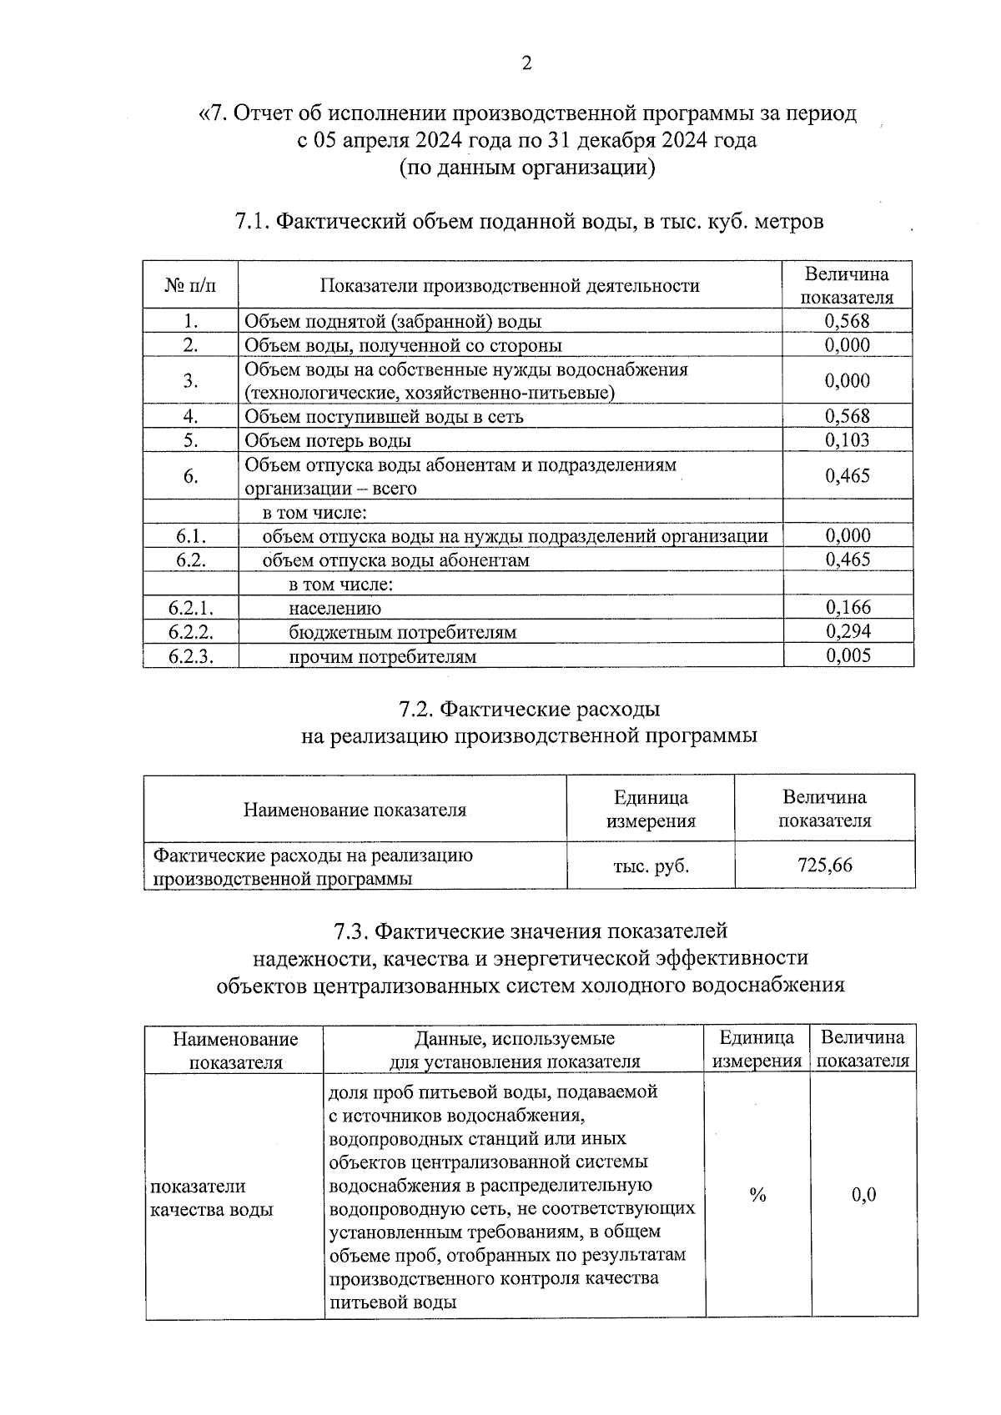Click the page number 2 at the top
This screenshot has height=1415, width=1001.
[526, 63]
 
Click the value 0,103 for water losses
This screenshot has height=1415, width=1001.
[847, 440]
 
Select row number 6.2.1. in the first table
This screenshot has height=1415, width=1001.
[190, 608]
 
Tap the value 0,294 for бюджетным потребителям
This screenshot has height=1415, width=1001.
[848, 631]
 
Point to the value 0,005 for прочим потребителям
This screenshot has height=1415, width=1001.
[848, 655]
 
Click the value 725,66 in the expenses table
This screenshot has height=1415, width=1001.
[824, 865]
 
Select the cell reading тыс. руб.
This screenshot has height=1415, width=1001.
[651, 866]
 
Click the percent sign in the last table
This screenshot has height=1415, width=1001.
[757, 1196]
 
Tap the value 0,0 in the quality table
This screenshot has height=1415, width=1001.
[863, 1196]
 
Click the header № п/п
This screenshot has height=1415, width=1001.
[190, 286]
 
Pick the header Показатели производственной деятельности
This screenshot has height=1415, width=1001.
[510, 286]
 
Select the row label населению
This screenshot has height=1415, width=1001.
[335, 609]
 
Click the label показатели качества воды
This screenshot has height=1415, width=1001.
[211, 1197]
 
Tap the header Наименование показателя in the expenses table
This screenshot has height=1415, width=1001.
[355, 810]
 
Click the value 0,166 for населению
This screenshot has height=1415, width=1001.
[848, 607]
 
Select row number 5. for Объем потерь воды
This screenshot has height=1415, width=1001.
[190, 440]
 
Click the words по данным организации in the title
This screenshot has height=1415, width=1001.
[527, 168]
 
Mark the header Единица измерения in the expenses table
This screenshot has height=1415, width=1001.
[651, 809]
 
